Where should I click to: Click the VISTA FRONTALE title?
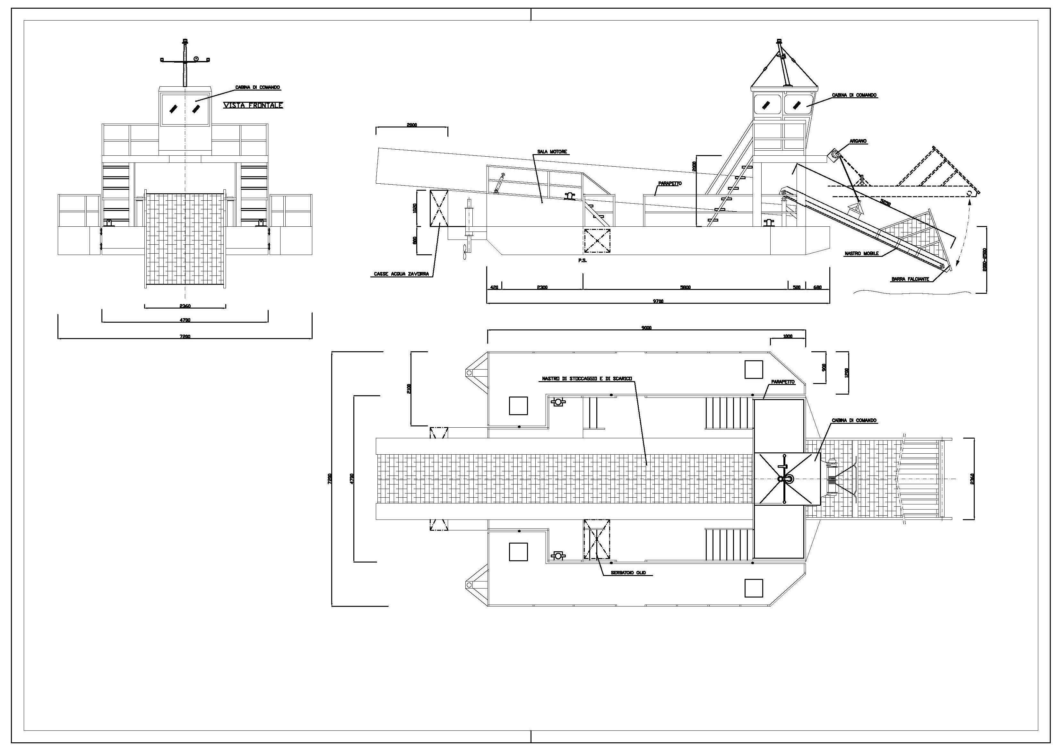(x=253, y=106)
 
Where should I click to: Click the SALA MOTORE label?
(x=552, y=152)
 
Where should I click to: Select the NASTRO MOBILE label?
(x=861, y=254)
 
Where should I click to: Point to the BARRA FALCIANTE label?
(x=910, y=279)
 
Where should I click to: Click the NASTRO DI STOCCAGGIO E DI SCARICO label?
(x=587, y=379)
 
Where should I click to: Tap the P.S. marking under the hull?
(x=582, y=260)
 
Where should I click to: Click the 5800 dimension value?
(x=686, y=287)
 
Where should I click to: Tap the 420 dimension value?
(x=494, y=287)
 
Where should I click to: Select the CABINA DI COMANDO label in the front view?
(x=258, y=87)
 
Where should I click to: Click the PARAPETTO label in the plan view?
(x=783, y=382)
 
